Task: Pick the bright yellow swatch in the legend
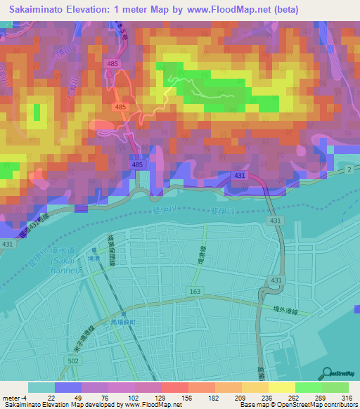pos(281,387)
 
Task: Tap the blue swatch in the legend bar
pos(67,387)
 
